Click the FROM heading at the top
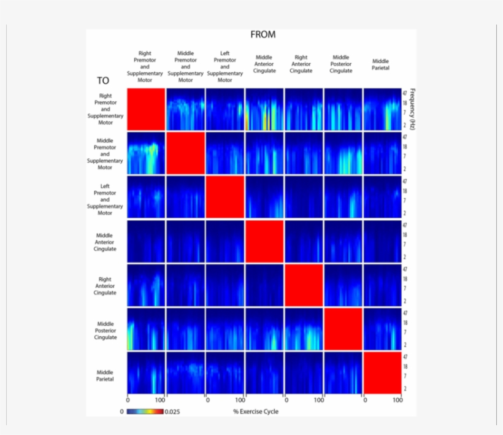tap(263, 35)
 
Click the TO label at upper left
tap(102, 80)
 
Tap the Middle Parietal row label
tap(105, 372)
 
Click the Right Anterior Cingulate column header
tap(301, 64)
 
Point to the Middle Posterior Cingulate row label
tap(105, 330)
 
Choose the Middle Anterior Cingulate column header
tap(264, 64)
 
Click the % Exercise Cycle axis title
tap(255, 412)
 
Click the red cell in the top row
tap(146, 109)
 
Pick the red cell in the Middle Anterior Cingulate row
tap(264, 241)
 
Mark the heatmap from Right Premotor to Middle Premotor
tap(146, 153)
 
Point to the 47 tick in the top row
tap(405, 93)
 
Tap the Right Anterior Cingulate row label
tap(105, 286)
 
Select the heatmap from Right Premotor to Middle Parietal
tap(146, 372)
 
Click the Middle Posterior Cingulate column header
tap(341, 64)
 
